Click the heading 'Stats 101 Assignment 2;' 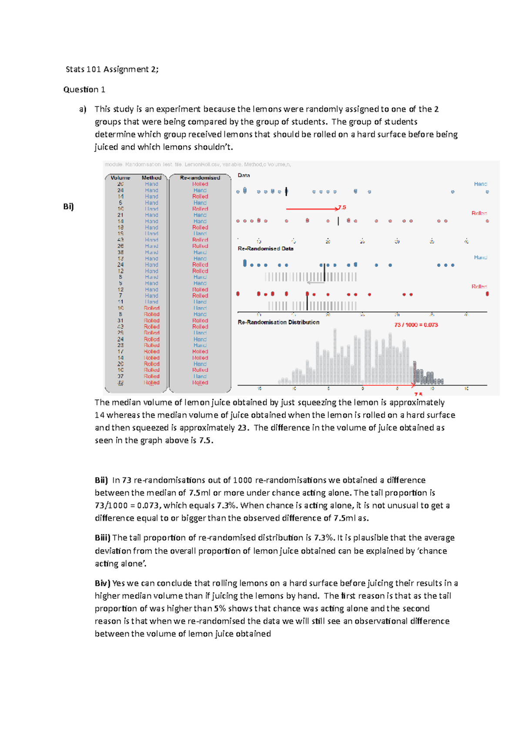point(112,69)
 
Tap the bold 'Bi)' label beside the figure point(68,206)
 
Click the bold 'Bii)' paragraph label point(101,480)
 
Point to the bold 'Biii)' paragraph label point(103,537)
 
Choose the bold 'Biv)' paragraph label point(103,583)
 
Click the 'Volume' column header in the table point(120,178)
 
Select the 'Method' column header point(151,178)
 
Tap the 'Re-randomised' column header point(200,178)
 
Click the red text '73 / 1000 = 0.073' point(416,325)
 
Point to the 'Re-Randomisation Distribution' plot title point(278,322)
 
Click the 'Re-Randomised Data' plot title point(265,249)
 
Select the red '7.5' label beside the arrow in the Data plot point(342,208)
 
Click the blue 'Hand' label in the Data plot point(480,184)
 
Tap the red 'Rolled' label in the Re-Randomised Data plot point(479,286)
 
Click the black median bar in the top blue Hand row point(286,191)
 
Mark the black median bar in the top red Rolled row point(338,221)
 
